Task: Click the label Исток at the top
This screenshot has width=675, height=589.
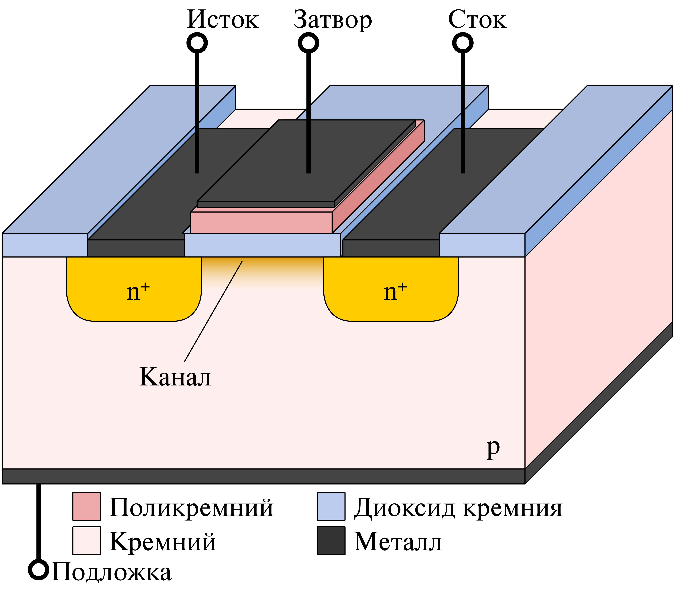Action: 223,20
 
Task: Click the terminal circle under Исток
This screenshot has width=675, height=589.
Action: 197,43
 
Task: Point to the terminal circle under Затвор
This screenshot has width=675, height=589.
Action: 308,43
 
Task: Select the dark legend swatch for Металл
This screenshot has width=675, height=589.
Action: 331,541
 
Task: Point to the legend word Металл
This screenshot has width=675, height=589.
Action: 398,542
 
